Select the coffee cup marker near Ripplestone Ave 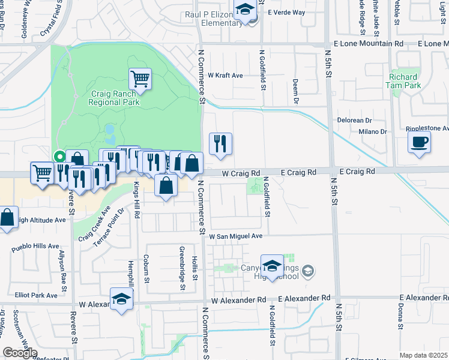pos(419,143)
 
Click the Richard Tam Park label pos(403,81)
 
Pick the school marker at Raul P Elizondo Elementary pos(245,11)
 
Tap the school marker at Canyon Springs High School pos(272,266)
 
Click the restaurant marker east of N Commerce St pos(220,143)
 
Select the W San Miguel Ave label pos(236,236)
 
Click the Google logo pos(20,353)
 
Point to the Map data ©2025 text pos(424,355)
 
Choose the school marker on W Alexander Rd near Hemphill pos(121,299)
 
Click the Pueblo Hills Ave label pos(35,246)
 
